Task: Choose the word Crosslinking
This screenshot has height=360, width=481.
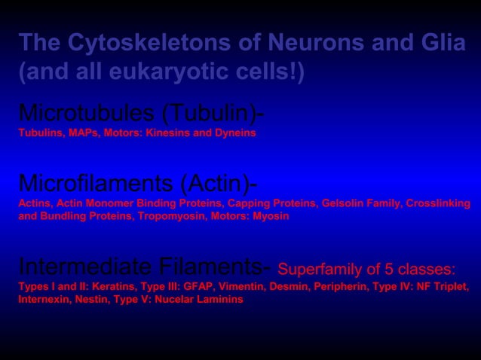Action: pyautogui.click(x=439, y=203)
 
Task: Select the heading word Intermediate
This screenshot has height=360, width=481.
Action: pyautogui.click(x=75, y=267)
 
